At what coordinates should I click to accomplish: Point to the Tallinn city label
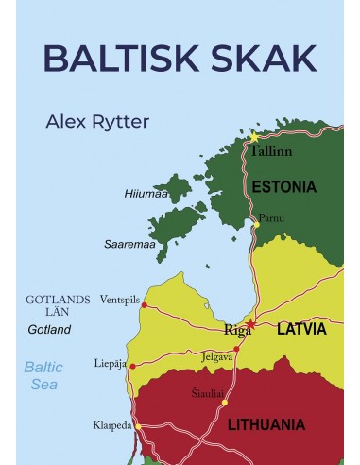click(271, 151)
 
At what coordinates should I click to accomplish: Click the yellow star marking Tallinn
click(254, 137)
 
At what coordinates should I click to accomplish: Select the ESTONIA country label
click(284, 187)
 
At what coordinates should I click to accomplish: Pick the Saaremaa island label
click(129, 244)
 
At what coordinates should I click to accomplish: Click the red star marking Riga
click(251, 324)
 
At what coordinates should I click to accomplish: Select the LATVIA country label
click(301, 330)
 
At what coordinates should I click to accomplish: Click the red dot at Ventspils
click(144, 304)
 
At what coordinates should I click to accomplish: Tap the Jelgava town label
click(219, 357)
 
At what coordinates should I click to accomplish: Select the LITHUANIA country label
click(266, 424)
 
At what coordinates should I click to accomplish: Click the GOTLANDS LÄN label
click(59, 305)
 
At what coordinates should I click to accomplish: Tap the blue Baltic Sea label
click(43, 376)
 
